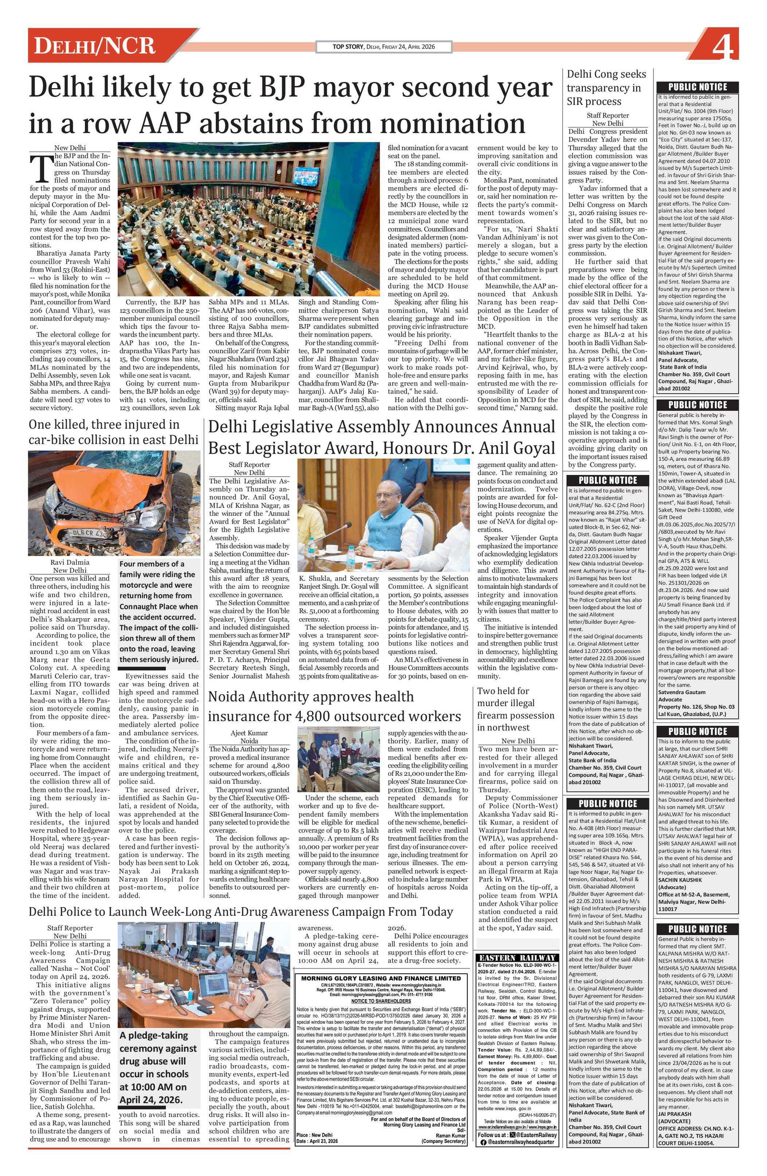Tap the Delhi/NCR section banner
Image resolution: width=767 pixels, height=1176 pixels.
pos(95,46)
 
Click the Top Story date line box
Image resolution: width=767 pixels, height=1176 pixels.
pos(383,47)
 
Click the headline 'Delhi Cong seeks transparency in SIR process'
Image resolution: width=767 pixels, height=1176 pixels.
pos(606,88)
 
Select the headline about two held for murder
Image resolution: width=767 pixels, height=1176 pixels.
pos(515,709)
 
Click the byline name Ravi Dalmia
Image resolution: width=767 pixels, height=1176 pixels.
pos(70,562)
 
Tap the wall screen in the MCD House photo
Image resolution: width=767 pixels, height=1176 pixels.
pos(305,176)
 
